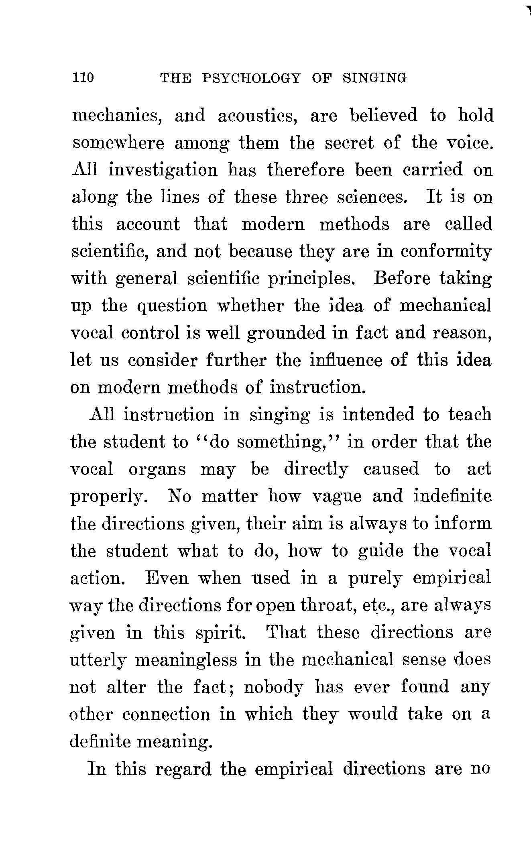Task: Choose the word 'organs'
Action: pos(157,470)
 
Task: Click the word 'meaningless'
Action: pos(185,661)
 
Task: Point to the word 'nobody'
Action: pos(273,688)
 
